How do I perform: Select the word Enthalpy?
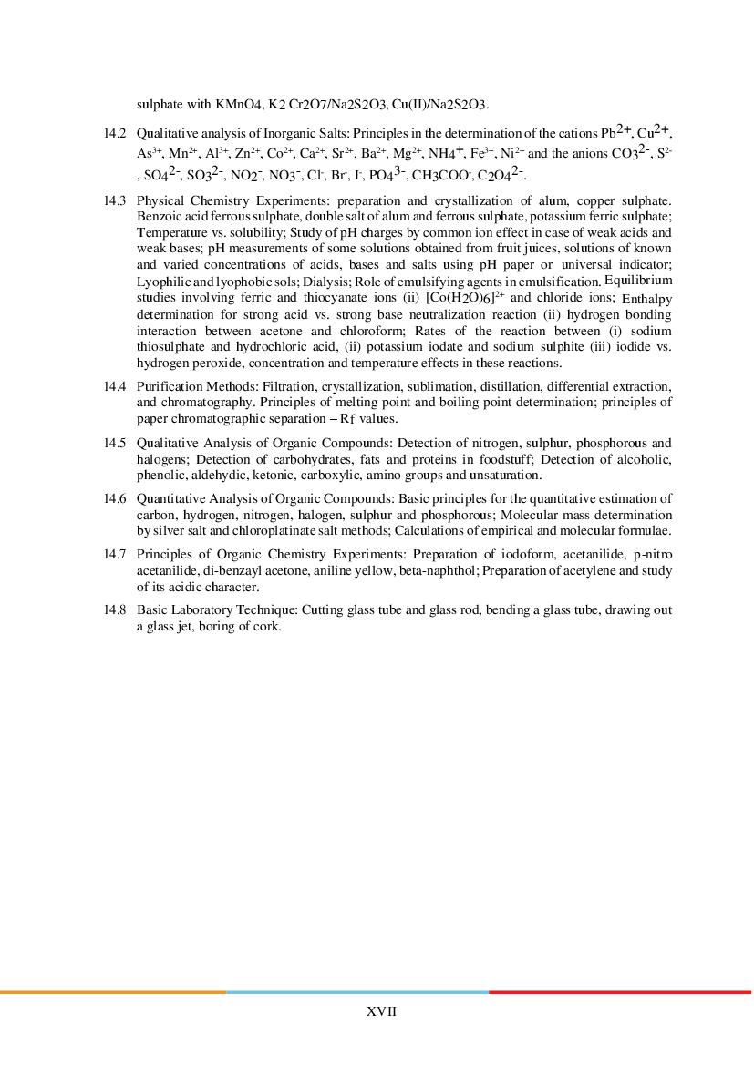tap(646, 299)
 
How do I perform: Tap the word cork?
tap(269, 627)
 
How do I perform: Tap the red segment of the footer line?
tap(620, 992)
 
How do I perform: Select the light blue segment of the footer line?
tap(356, 992)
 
